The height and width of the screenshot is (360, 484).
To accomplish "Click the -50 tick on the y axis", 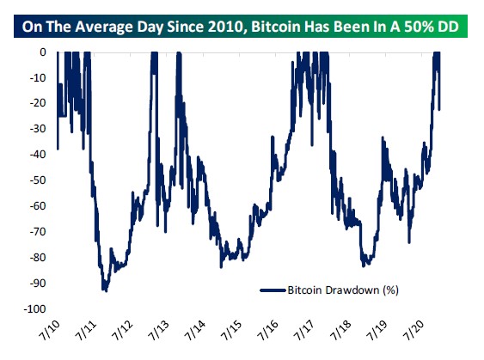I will [39, 180].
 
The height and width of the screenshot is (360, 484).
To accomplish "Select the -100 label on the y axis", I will [36, 308].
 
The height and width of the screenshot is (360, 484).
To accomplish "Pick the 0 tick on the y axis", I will [45, 52].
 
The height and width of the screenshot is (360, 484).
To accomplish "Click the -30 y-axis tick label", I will [39, 129].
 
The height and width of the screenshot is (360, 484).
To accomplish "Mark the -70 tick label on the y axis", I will [39, 232].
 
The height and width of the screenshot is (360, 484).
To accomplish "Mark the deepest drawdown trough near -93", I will [105, 290].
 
